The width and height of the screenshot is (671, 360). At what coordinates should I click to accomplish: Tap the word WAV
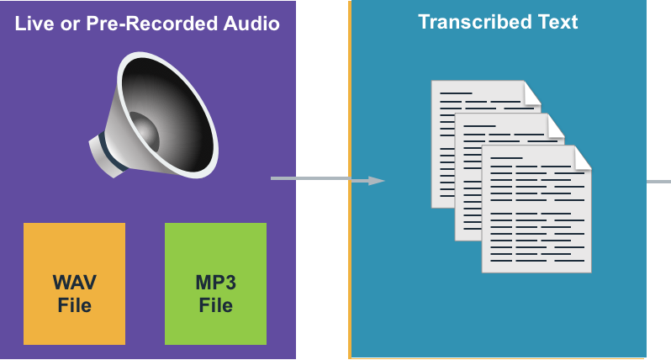74,281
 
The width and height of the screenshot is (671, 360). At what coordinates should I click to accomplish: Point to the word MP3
215,281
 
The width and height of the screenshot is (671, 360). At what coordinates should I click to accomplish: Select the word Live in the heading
34,24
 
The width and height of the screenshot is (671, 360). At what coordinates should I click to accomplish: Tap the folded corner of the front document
581,156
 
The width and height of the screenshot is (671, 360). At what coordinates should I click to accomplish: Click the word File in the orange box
74,304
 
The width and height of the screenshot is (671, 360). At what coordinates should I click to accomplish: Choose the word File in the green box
215,304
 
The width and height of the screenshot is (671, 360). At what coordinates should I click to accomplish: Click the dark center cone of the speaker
145,132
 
